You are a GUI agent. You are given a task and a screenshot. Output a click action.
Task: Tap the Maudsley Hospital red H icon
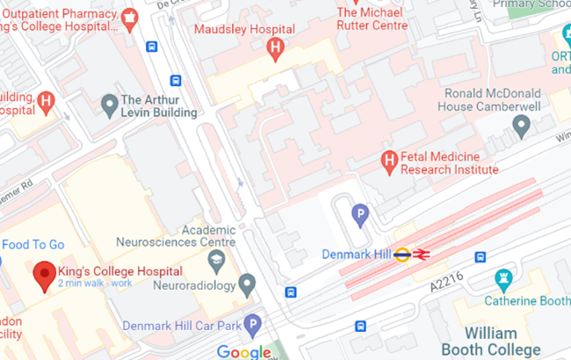click(x=276, y=47)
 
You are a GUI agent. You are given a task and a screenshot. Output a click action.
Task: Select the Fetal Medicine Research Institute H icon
click(x=388, y=162)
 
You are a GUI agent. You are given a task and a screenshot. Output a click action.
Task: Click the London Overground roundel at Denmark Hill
click(x=402, y=255)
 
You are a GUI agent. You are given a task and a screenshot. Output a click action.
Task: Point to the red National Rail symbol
click(x=422, y=255)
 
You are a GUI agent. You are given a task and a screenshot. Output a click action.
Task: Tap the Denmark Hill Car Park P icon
click(x=253, y=325)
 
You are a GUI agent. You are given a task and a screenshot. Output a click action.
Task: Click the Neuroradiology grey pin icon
click(x=247, y=284)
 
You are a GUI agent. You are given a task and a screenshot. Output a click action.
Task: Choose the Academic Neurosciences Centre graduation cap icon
click(x=215, y=260)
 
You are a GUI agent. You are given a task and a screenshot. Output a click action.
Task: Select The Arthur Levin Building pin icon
click(x=110, y=105)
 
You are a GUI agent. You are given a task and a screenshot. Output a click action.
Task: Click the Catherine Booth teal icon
click(x=504, y=280)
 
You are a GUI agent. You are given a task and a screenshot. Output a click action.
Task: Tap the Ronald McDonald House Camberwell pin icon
click(x=522, y=127)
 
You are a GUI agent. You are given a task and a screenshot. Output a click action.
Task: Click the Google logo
click(x=243, y=352)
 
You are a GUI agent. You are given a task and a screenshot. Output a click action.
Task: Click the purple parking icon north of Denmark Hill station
click(x=360, y=213)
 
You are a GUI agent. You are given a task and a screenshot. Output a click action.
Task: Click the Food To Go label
click(x=33, y=245)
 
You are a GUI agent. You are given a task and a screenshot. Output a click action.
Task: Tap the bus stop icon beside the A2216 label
click(x=480, y=257)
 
